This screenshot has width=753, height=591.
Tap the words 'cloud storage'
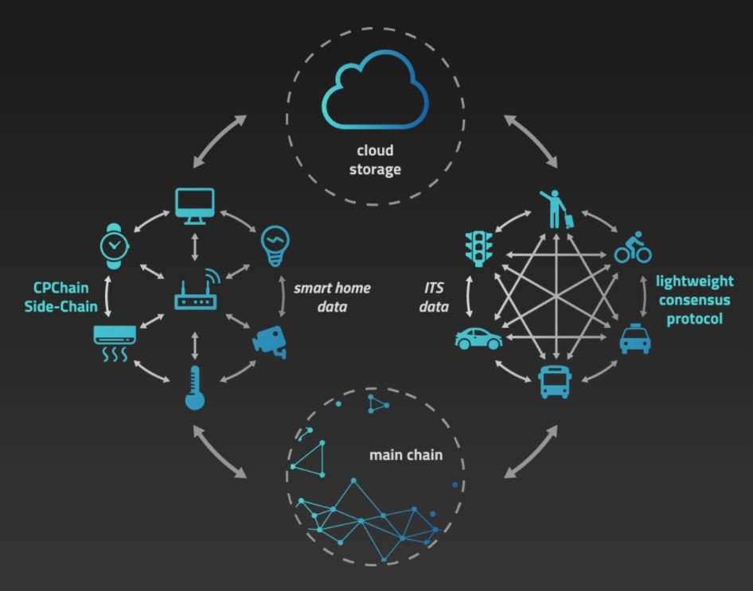click(x=375, y=159)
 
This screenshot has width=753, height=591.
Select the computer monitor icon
click(x=194, y=204)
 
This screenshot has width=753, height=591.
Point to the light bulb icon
click(x=275, y=246)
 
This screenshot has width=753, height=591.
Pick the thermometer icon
click(x=195, y=387)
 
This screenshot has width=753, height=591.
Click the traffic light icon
click(x=479, y=247)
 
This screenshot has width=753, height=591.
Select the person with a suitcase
click(x=557, y=208)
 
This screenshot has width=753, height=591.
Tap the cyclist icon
click(x=633, y=247)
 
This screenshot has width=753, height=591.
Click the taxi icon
click(x=635, y=339)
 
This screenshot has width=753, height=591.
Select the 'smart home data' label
click(x=332, y=297)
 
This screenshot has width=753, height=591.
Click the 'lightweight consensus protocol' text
click(x=694, y=300)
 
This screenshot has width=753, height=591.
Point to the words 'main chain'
click(x=405, y=456)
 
